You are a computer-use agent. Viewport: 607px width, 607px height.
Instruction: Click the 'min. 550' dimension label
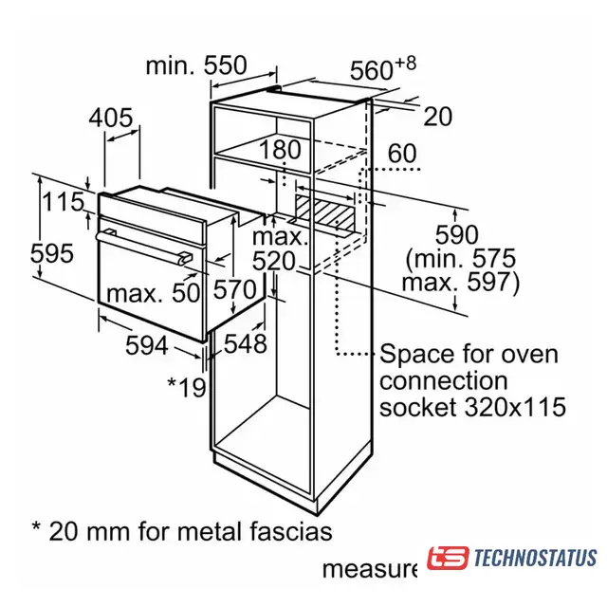click(196, 65)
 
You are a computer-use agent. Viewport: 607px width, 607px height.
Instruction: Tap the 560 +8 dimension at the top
click(383, 68)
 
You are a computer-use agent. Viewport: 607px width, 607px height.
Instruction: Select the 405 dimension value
click(111, 118)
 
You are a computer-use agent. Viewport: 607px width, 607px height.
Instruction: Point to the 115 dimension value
click(64, 202)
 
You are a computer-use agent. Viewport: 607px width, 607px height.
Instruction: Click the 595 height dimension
click(52, 253)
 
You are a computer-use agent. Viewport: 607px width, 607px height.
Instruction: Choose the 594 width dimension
click(147, 345)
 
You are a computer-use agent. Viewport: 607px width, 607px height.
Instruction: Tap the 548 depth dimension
click(245, 343)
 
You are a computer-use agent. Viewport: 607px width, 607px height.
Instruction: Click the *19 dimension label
click(187, 387)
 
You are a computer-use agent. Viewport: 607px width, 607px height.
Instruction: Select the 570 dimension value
click(235, 289)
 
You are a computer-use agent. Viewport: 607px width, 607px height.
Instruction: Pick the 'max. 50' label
click(154, 293)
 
